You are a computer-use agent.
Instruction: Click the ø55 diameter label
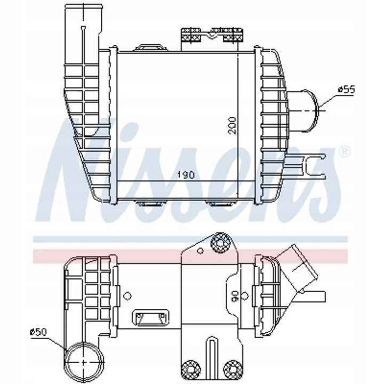point(347,90)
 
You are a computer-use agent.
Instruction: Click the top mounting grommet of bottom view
point(219,244)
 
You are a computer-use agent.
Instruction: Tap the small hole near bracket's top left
point(199,251)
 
